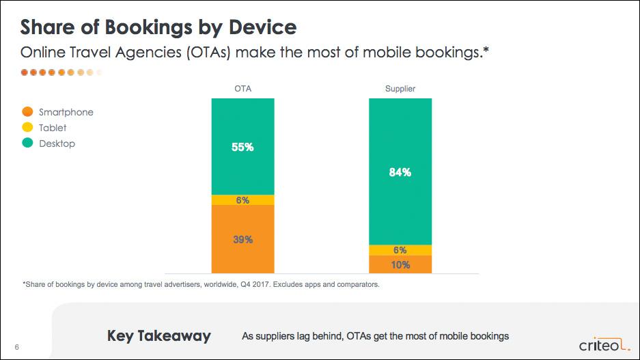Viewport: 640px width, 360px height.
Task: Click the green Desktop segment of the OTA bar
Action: point(242,164)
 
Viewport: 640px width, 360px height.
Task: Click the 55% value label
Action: point(242,147)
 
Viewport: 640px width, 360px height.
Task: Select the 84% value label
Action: point(400,172)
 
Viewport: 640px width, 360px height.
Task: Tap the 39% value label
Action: point(242,240)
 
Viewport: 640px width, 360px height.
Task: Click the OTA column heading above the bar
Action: point(242,89)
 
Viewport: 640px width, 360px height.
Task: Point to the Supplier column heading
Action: point(400,89)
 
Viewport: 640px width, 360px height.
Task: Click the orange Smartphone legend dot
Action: point(28,112)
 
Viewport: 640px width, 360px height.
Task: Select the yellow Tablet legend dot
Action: point(28,128)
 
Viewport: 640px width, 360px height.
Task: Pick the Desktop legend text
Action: point(57,143)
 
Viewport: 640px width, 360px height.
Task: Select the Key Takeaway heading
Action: point(159,336)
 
